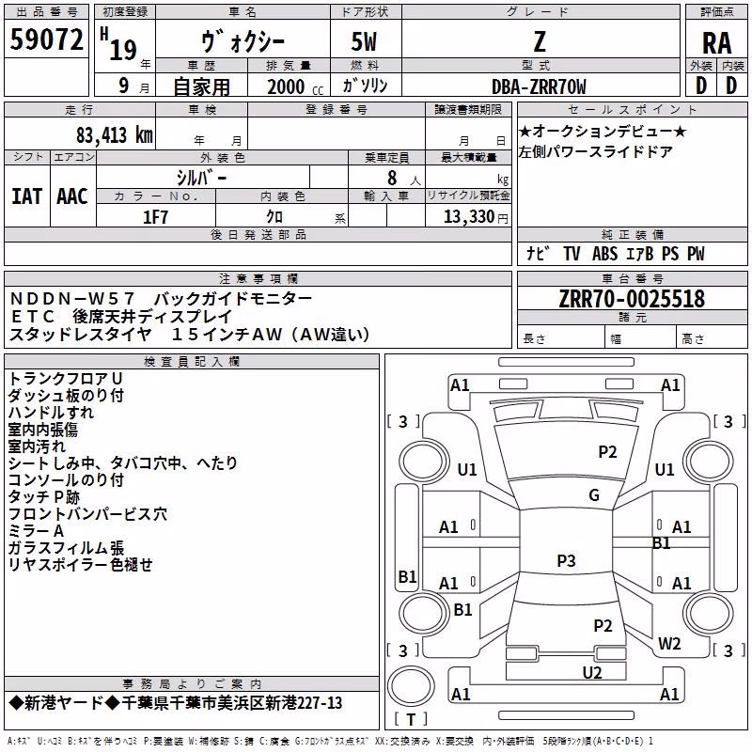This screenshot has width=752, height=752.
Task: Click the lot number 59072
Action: (x=46, y=39)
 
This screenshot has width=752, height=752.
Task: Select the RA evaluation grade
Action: (x=717, y=43)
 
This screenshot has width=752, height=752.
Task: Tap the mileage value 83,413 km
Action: (x=114, y=134)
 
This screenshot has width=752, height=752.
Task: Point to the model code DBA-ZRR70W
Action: (x=539, y=86)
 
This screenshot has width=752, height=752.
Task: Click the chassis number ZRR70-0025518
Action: (x=632, y=298)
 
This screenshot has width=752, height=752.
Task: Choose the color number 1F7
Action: (x=155, y=217)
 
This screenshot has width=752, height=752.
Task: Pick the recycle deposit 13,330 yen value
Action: (x=476, y=217)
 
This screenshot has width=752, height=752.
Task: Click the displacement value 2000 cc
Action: (x=295, y=86)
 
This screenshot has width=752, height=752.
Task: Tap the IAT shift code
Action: (x=27, y=196)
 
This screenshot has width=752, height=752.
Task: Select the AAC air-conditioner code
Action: (x=72, y=196)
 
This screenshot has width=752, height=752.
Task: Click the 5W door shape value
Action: (x=364, y=41)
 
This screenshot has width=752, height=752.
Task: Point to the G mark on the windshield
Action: (x=594, y=495)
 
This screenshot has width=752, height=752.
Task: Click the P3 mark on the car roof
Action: (x=566, y=560)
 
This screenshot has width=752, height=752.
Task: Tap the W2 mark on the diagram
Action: (x=669, y=643)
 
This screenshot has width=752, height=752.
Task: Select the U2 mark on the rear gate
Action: (x=592, y=673)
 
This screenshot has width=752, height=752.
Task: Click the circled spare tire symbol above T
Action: (x=411, y=686)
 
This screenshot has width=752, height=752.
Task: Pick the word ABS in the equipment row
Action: (x=604, y=254)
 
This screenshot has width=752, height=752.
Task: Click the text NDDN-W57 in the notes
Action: (x=72, y=298)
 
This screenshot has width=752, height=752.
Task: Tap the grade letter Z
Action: (x=540, y=41)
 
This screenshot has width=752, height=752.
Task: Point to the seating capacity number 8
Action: (x=392, y=178)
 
